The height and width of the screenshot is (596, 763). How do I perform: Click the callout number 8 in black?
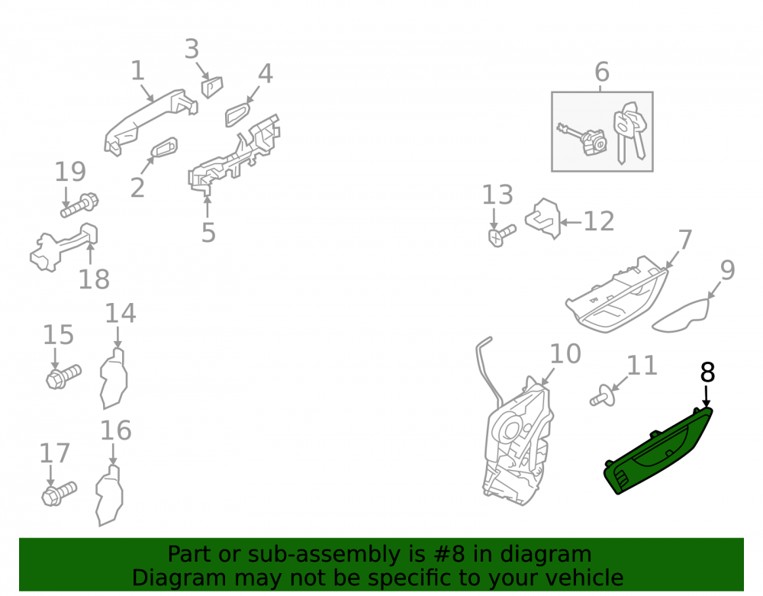[x=707, y=372]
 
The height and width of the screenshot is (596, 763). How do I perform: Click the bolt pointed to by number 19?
[x=79, y=205]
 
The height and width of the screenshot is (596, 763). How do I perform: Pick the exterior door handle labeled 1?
[x=150, y=121]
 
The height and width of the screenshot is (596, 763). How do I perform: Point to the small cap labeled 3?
[x=212, y=87]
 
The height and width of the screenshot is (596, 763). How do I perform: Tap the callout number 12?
[x=598, y=221]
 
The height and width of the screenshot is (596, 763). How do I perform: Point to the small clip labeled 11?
[x=603, y=395]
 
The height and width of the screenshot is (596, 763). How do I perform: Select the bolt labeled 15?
[x=64, y=376]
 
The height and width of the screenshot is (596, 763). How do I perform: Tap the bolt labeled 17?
[x=59, y=494]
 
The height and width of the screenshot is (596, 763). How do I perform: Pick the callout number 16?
[x=116, y=430]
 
